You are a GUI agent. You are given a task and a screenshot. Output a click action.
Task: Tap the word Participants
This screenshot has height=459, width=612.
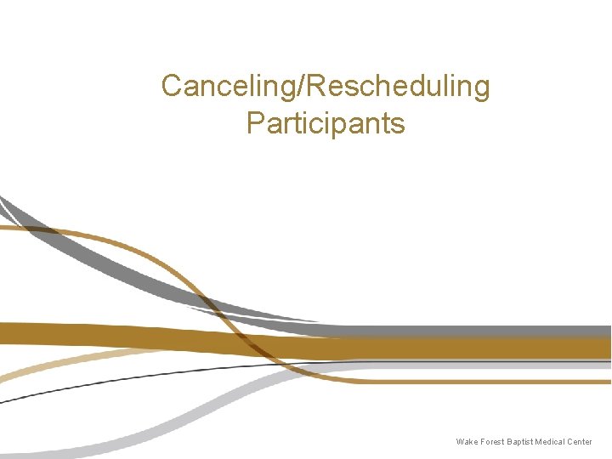tap(326, 123)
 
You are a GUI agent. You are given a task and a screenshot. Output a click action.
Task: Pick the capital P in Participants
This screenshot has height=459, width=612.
tap(254, 123)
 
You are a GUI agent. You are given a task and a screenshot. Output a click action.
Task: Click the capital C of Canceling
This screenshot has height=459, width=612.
tap(171, 86)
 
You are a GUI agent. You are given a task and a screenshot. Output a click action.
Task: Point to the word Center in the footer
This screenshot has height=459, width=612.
tap(580, 442)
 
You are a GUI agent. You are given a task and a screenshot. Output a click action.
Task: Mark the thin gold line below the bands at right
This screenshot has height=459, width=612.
tap(510, 382)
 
